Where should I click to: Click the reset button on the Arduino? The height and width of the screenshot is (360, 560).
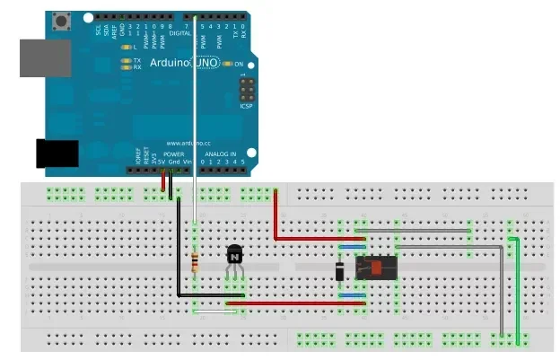[x=63, y=19]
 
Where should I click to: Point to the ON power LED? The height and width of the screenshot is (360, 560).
[x=227, y=64]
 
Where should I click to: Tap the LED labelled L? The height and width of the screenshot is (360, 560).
[x=126, y=47]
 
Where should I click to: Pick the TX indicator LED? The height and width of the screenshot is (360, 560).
[x=126, y=60]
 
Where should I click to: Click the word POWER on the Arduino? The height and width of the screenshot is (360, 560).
[x=173, y=154]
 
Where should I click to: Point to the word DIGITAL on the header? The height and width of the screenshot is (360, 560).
[x=180, y=32]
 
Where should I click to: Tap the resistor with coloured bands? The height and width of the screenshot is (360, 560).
[x=197, y=260]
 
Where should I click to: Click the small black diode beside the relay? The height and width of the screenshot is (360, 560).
[x=340, y=269]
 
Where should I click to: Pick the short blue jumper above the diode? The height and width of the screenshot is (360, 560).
[x=352, y=245]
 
